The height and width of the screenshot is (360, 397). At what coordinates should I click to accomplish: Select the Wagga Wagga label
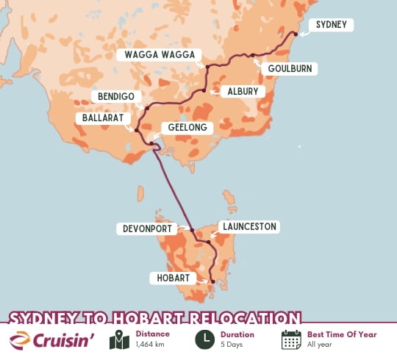coord(159,55)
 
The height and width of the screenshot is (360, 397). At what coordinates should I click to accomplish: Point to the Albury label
coord(240,92)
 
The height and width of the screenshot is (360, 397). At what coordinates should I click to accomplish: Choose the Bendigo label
coord(115,97)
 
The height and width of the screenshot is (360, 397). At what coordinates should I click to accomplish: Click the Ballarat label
coord(103,118)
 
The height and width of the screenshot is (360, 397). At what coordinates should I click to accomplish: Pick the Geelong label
coord(190,128)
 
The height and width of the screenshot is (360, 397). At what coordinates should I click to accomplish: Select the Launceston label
coord(249,227)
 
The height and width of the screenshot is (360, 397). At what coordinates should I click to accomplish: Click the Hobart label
coord(174,278)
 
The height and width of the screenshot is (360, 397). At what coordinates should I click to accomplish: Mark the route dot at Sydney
coord(296,34)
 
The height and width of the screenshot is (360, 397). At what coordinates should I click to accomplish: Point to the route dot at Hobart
coord(212,282)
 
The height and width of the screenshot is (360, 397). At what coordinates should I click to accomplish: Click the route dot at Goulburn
coord(251,55)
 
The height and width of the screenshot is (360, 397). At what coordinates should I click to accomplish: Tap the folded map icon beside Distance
coord(119,340)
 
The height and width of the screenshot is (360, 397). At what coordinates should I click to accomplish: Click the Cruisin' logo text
coord(69,341)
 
